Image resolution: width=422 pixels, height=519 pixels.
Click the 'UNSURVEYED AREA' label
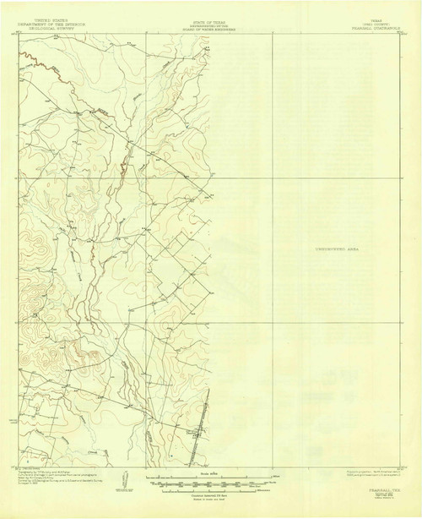point(335,251)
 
